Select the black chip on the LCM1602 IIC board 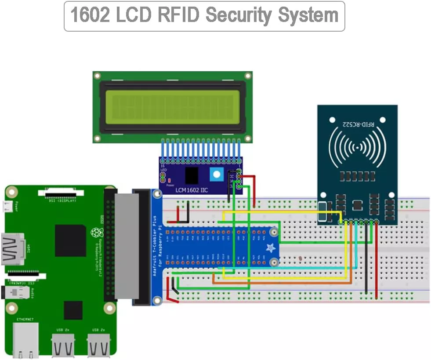click(x=191, y=175)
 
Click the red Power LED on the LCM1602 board click(x=163, y=179)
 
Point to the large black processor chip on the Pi click(x=70, y=240)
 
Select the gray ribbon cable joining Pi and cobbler click(x=127, y=246)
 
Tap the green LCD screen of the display click(x=172, y=107)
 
